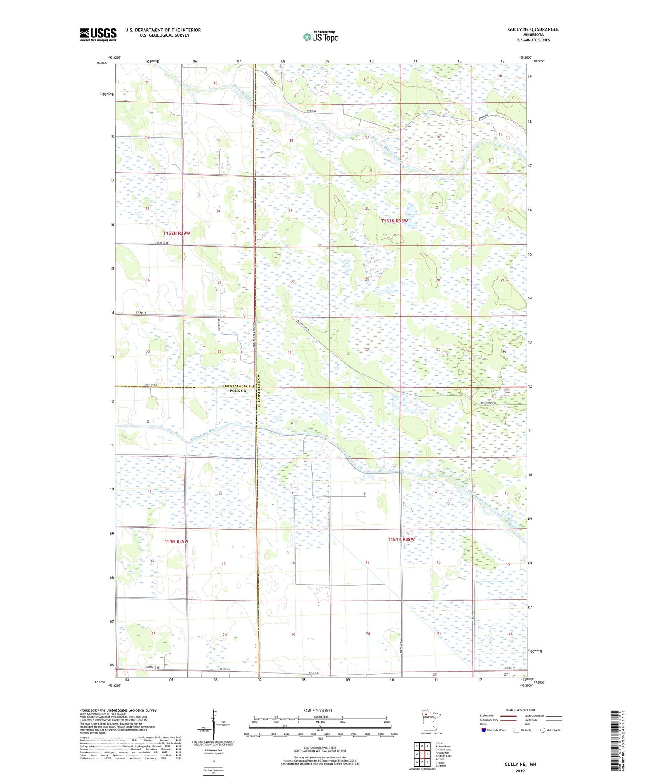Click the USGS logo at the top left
[x=98, y=34]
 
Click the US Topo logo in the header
[x=320, y=37]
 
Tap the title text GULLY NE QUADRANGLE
[x=533, y=29]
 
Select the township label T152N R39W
[x=176, y=233]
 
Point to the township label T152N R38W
[x=394, y=221]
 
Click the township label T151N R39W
[x=175, y=541]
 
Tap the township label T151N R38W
[x=401, y=539]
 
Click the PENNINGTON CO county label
[x=238, y=386]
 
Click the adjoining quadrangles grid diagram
[x=422, y=750]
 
